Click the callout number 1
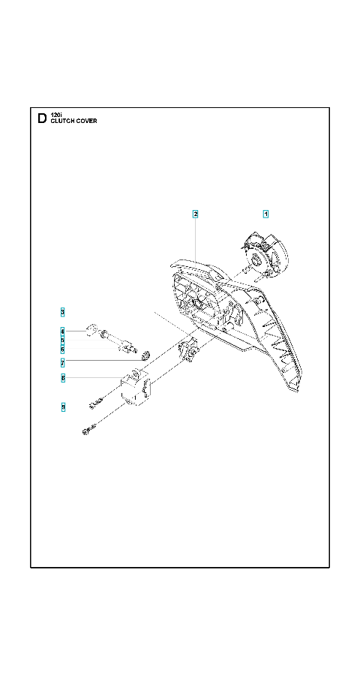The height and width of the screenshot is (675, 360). [x=265, y=214]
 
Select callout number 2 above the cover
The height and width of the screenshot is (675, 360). [x=195, y=214]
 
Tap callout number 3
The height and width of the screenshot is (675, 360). [x=63, y=312]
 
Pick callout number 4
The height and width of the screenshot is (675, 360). [x=63, y=331]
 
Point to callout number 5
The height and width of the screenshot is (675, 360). [x=63, y=340]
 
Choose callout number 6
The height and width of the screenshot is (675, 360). [x=63, y=349]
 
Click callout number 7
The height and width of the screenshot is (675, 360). [x=63, y=361]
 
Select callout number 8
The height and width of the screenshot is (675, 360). [x=63, y=378]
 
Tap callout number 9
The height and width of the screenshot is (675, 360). [x=63, y=406]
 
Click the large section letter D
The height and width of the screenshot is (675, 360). [x=42, y=118]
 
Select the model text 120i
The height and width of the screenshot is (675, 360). [x=56, y=115]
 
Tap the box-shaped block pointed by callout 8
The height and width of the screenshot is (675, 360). [x=136, y=386]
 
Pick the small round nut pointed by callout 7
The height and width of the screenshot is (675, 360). [x=145, y=355]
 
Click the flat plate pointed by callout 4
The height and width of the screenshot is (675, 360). [x=91, y=331]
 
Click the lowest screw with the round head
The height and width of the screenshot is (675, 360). [x=88, y=429]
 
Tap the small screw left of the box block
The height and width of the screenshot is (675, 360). [x=96, y=403]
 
